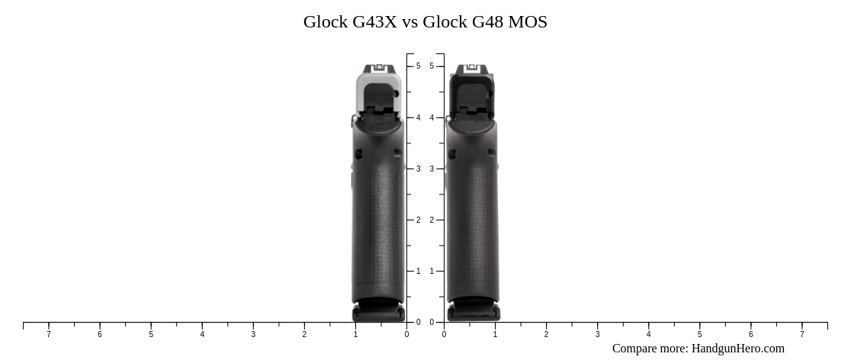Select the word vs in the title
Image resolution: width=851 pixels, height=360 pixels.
point(410,22)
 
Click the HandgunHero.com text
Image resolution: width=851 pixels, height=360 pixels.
point(737,349)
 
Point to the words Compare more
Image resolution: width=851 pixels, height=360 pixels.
point(650,349)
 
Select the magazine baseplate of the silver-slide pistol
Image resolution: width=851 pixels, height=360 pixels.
point(379,312)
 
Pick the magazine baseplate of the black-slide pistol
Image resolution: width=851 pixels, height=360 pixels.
point(474,312)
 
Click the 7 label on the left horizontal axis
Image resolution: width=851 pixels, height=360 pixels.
point(49,334)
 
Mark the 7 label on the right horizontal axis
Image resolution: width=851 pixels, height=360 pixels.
point(801,334)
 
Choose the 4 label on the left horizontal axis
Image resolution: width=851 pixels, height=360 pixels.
point(202,334)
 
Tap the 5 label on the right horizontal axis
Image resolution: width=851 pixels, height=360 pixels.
point(699,334)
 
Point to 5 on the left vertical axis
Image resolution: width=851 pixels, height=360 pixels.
point(418,66)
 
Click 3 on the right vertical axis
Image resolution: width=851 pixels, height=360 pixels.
point(432,169)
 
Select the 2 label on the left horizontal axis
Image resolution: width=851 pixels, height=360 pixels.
point(304,334)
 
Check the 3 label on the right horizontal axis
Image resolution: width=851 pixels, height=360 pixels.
point(597,334)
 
